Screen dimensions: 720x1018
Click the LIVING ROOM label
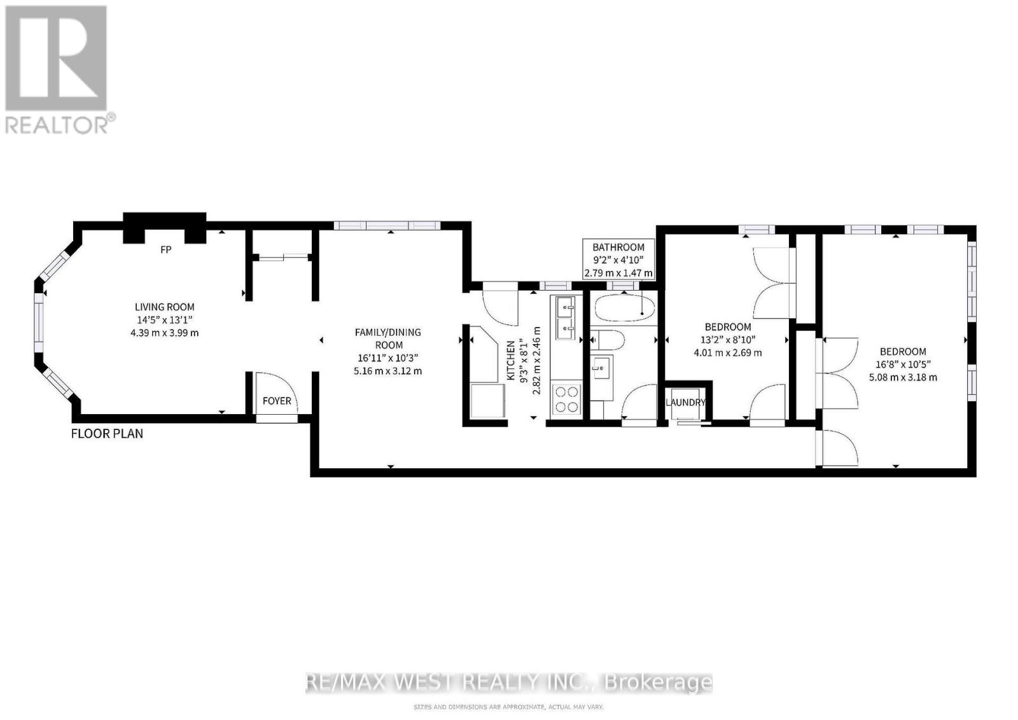tap(164, 307)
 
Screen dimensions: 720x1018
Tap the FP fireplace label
tap(165, 250)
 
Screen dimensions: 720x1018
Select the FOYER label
tap(277, 401)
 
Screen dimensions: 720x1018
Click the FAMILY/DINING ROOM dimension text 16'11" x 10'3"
tap(387, 358)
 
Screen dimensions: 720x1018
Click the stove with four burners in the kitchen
tap(566, 399)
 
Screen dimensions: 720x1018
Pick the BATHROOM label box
tap(618, 260)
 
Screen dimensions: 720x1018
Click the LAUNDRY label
tap(685, 403)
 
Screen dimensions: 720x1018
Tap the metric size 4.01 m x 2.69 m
tap(728, 352)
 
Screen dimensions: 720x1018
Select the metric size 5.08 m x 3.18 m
tap(903, 377)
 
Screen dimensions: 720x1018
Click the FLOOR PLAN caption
tap(107, 434)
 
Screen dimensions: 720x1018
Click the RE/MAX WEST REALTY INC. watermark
tap(509, 682)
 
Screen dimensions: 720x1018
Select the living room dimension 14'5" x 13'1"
tap(164, 319)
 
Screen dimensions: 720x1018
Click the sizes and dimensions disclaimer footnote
tap(508, 707)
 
